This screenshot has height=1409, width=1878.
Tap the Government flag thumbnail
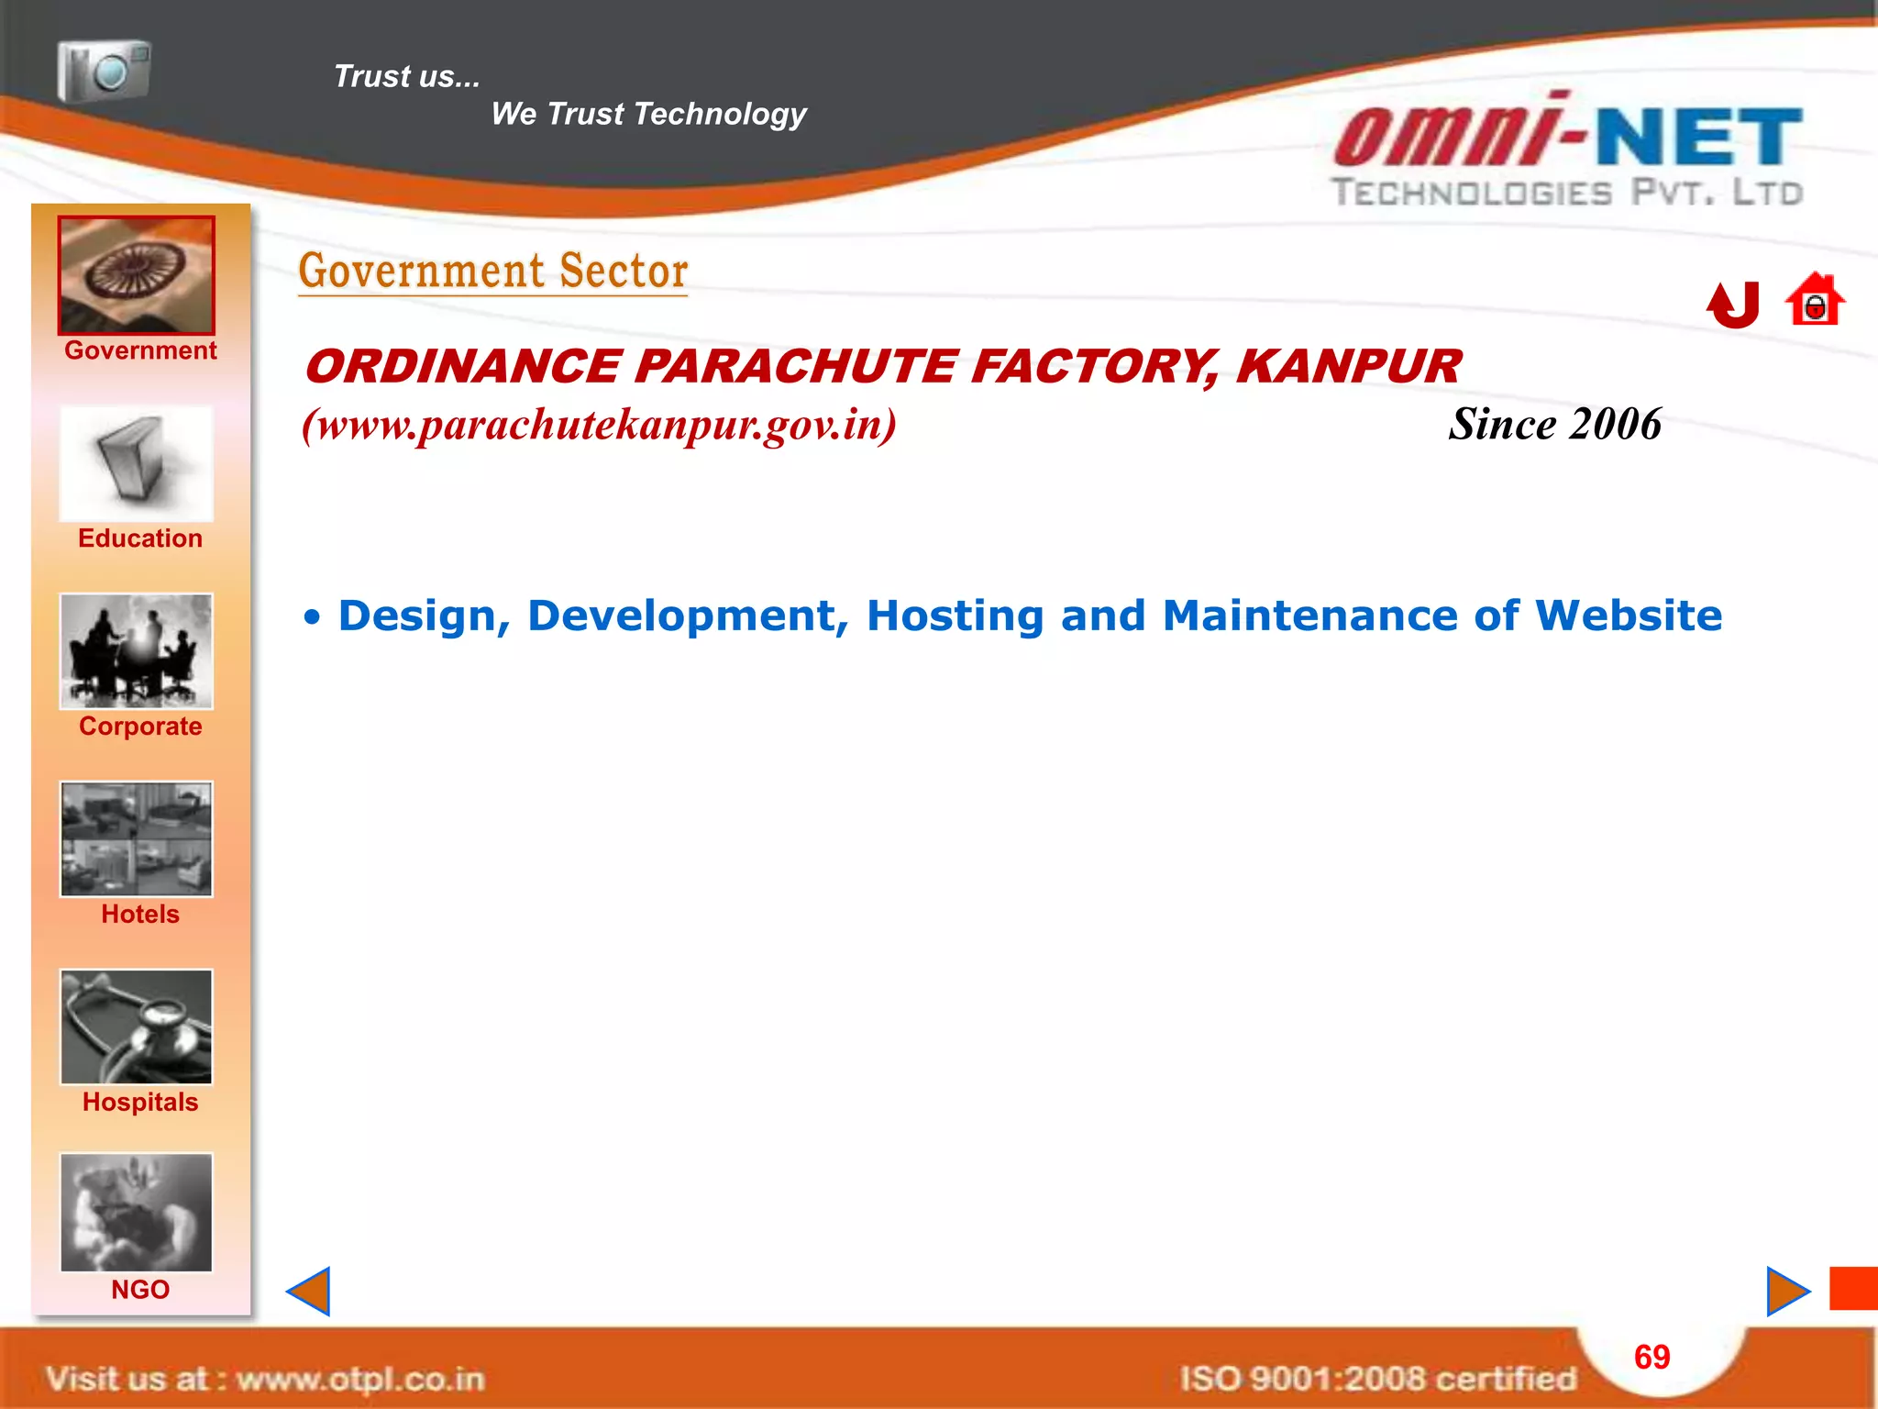tap(137, 275)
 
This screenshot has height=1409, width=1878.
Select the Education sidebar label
tap(140, 538)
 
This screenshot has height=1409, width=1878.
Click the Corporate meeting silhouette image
tap(137, 651)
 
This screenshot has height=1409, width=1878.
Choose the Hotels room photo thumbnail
tap(137, 838)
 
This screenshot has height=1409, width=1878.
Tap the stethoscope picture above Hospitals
tap(137, 1026)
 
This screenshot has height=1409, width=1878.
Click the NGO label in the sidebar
tap(140, 1290)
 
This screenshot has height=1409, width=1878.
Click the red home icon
tap(1815, 300)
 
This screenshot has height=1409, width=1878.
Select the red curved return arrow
tap(1733, 305)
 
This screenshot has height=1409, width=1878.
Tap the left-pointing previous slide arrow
tap(309, 1292)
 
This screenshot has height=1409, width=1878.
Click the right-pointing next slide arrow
tap(1787, 1292)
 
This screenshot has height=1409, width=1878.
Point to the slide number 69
tap(1652, 1357)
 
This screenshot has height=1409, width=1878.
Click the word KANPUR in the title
tap(1348, 367)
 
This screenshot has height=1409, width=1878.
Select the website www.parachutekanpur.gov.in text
tap(599, 425)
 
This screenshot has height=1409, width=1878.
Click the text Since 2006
tap(1554, 425)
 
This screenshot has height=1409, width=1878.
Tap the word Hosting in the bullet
tap(955, 616)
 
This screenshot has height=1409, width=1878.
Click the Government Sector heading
tap(493, 272)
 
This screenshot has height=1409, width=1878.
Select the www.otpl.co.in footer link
tap(360, 1379)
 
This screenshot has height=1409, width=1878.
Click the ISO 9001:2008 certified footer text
tap(1377, 1379)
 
